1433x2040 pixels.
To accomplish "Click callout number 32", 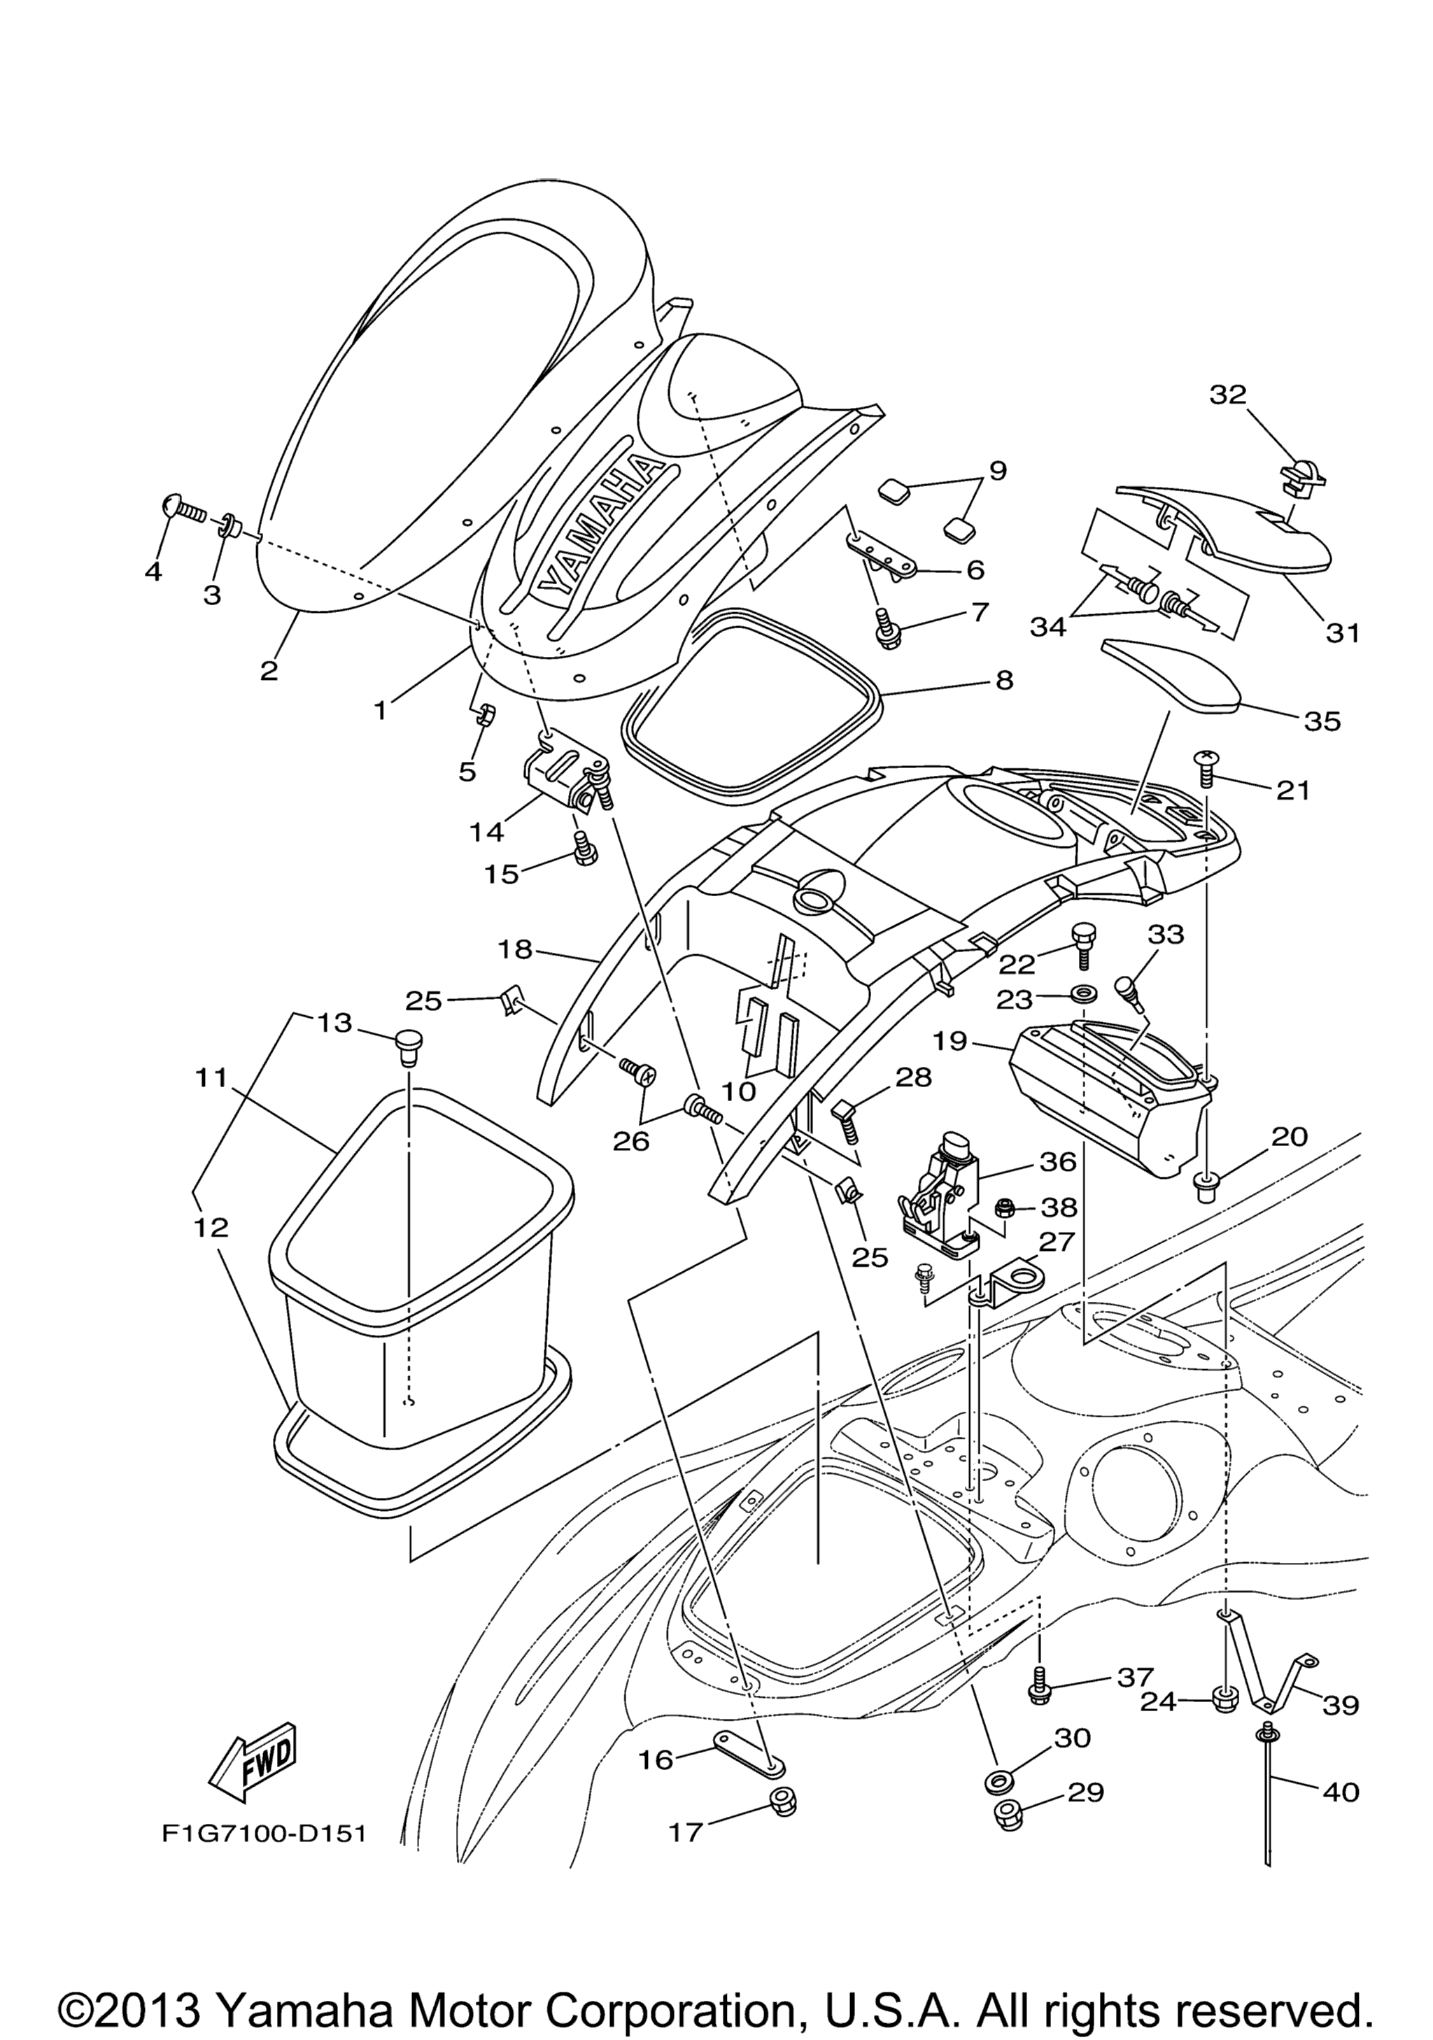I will [1228, 395].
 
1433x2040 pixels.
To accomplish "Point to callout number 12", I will [211, 1228].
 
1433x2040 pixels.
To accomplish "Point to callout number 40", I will [1341, 1792].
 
